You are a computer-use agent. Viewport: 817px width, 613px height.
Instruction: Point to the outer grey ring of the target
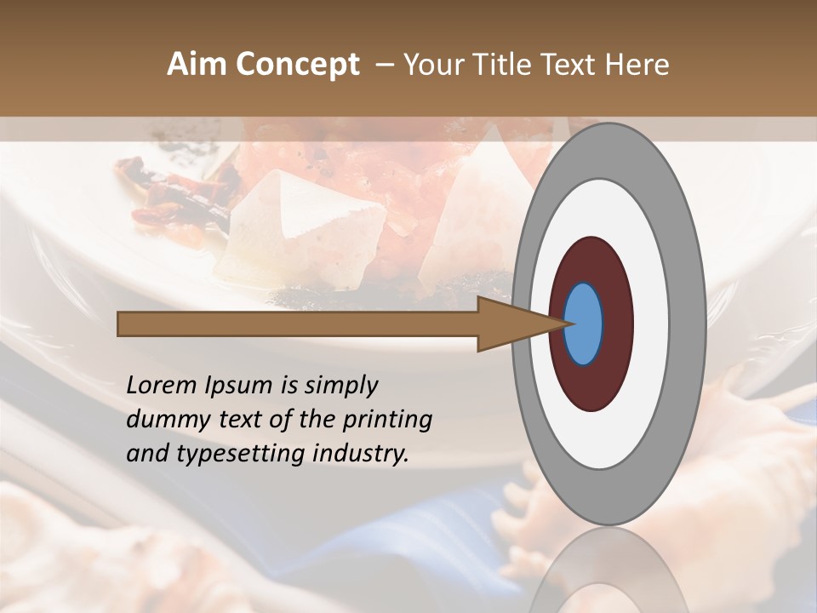(608, 149)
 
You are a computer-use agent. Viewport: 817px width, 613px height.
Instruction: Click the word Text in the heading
(569, 65)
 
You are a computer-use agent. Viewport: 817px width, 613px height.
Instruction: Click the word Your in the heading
(430, 65)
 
